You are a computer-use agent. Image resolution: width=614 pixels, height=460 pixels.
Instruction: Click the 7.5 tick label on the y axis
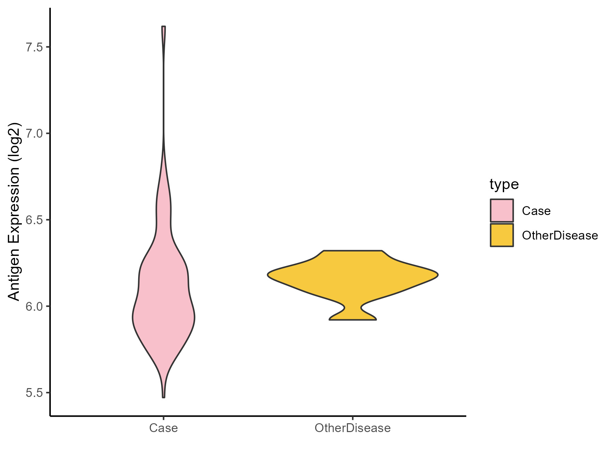[x=34, y=47]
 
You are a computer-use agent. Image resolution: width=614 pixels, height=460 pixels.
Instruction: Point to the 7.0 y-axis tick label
[x=34, y=133]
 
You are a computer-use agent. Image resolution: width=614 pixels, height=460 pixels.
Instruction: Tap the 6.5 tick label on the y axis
[x=34, y=220]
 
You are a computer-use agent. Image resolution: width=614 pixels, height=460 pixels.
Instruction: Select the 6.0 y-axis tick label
[x=34, y=306]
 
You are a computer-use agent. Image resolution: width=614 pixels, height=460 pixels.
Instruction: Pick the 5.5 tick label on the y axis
[x=34, y=393]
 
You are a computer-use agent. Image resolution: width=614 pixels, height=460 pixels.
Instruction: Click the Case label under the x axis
[x=163, y=428]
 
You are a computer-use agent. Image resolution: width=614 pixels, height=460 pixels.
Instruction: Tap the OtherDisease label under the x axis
[x=353, y=428]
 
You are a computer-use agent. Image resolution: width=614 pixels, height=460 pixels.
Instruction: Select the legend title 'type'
[x=504, y=184]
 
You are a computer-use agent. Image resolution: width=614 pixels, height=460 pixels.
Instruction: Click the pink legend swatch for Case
[x=502, y=211]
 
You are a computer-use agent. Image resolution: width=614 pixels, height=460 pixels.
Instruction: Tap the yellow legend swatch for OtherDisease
[x=502, y=235]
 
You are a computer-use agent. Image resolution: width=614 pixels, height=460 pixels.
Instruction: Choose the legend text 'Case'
[x=536, y=211]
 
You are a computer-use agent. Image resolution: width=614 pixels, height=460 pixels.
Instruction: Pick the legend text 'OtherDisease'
[x=560, y=235]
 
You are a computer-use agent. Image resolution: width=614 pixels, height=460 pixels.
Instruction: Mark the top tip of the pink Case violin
[x=164, y=27]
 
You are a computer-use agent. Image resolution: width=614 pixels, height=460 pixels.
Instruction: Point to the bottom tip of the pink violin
[x=164, y=397]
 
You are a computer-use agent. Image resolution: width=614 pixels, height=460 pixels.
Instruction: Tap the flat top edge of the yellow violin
[x=353, y=251]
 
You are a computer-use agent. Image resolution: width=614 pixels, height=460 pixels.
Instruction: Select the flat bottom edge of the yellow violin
[x=353, y=320]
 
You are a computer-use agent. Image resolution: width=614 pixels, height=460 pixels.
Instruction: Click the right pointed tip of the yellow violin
[x=437, y=275]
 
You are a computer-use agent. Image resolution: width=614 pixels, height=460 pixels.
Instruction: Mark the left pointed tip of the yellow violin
[x=268, y=275]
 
